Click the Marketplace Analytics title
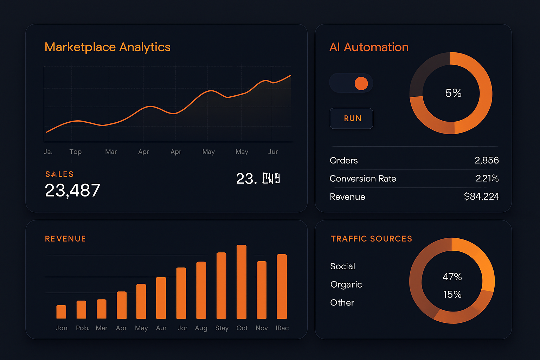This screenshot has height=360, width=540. point(107,47)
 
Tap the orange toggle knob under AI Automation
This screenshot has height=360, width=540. point(361,83)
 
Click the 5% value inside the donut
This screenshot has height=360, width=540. point(453,93)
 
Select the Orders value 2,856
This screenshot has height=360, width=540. point(486,160)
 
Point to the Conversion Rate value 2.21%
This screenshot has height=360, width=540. point(487,179)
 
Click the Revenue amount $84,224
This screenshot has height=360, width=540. point(481,197)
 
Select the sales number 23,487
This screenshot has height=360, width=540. point(72,191)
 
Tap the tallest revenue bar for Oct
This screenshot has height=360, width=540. point(242,282)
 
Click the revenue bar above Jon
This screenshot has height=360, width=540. point(61,312)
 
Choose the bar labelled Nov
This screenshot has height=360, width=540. point(262,290)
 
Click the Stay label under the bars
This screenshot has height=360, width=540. point(222,328)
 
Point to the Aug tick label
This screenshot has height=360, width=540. point(201,328)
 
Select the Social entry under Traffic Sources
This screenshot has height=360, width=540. point(342,266)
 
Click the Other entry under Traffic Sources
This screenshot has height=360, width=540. point(342,303)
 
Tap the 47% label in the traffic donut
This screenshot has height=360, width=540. point(452,277)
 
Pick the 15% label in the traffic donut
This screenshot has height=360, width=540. point(452,295)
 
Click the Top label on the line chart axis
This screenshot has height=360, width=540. point(75,152)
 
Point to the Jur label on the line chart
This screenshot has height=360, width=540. point(273,152)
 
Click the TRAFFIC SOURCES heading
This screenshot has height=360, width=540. point(371,239)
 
